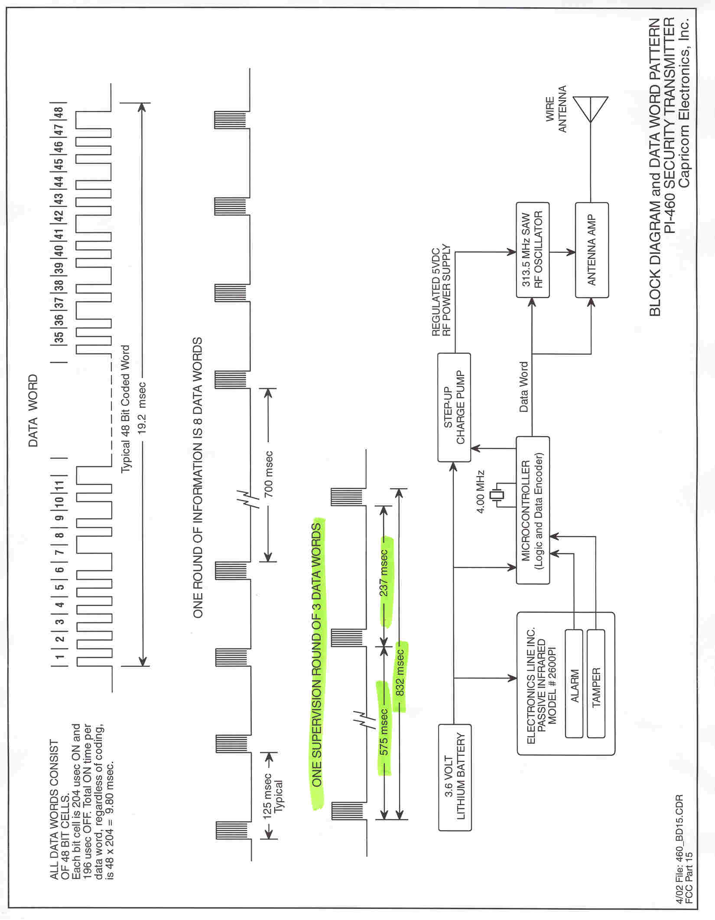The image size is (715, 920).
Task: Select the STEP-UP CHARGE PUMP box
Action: tap(454, 408)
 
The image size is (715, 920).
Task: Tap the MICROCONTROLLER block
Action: tap(533, 510)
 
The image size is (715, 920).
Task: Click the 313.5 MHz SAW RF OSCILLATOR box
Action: tap(533, 250)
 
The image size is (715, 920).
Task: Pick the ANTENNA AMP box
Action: tap(592, 250)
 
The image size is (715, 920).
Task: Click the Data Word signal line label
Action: tap(523, 387)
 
